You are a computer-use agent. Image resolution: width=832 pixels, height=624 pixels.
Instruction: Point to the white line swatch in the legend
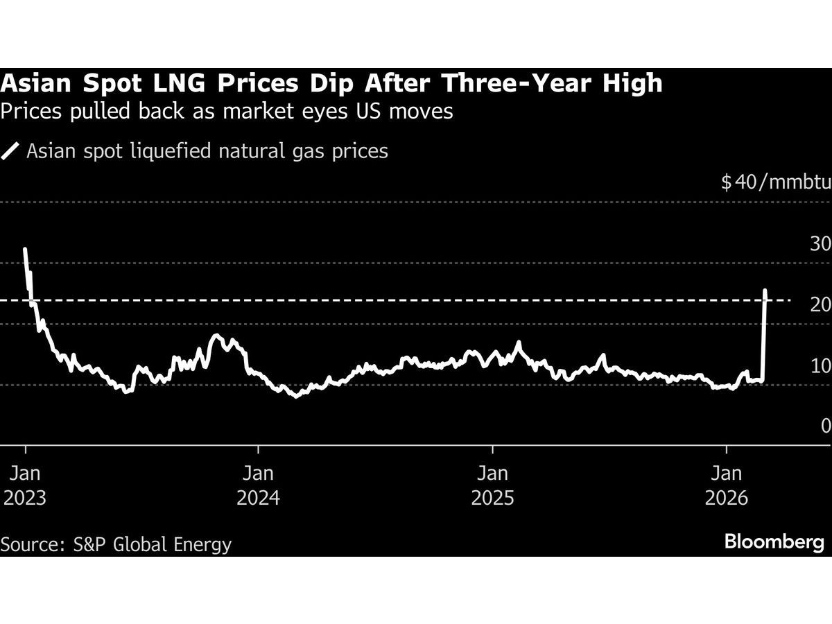click(x=11, y=151)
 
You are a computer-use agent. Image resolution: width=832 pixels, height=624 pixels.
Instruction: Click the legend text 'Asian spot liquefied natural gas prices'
click(x=207, y=151)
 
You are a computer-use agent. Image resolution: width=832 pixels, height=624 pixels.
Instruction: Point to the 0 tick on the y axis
click(x=825, y=426)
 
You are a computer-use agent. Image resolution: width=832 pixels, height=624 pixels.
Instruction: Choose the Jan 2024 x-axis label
click(x=258, y=485)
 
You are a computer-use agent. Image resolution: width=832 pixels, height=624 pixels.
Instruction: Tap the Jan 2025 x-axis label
click(x=492, y=485)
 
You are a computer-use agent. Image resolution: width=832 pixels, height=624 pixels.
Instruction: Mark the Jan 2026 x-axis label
click(x=726, y=485)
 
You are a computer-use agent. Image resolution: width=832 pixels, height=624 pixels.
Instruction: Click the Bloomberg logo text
click(x=774, y=542)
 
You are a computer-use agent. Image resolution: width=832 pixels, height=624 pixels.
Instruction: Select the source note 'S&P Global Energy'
click(x=153, y=544)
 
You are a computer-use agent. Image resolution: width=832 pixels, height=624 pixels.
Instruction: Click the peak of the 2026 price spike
click(x=765, y=291)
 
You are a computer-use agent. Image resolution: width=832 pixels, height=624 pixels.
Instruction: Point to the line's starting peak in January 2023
click(x=25, y=249)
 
